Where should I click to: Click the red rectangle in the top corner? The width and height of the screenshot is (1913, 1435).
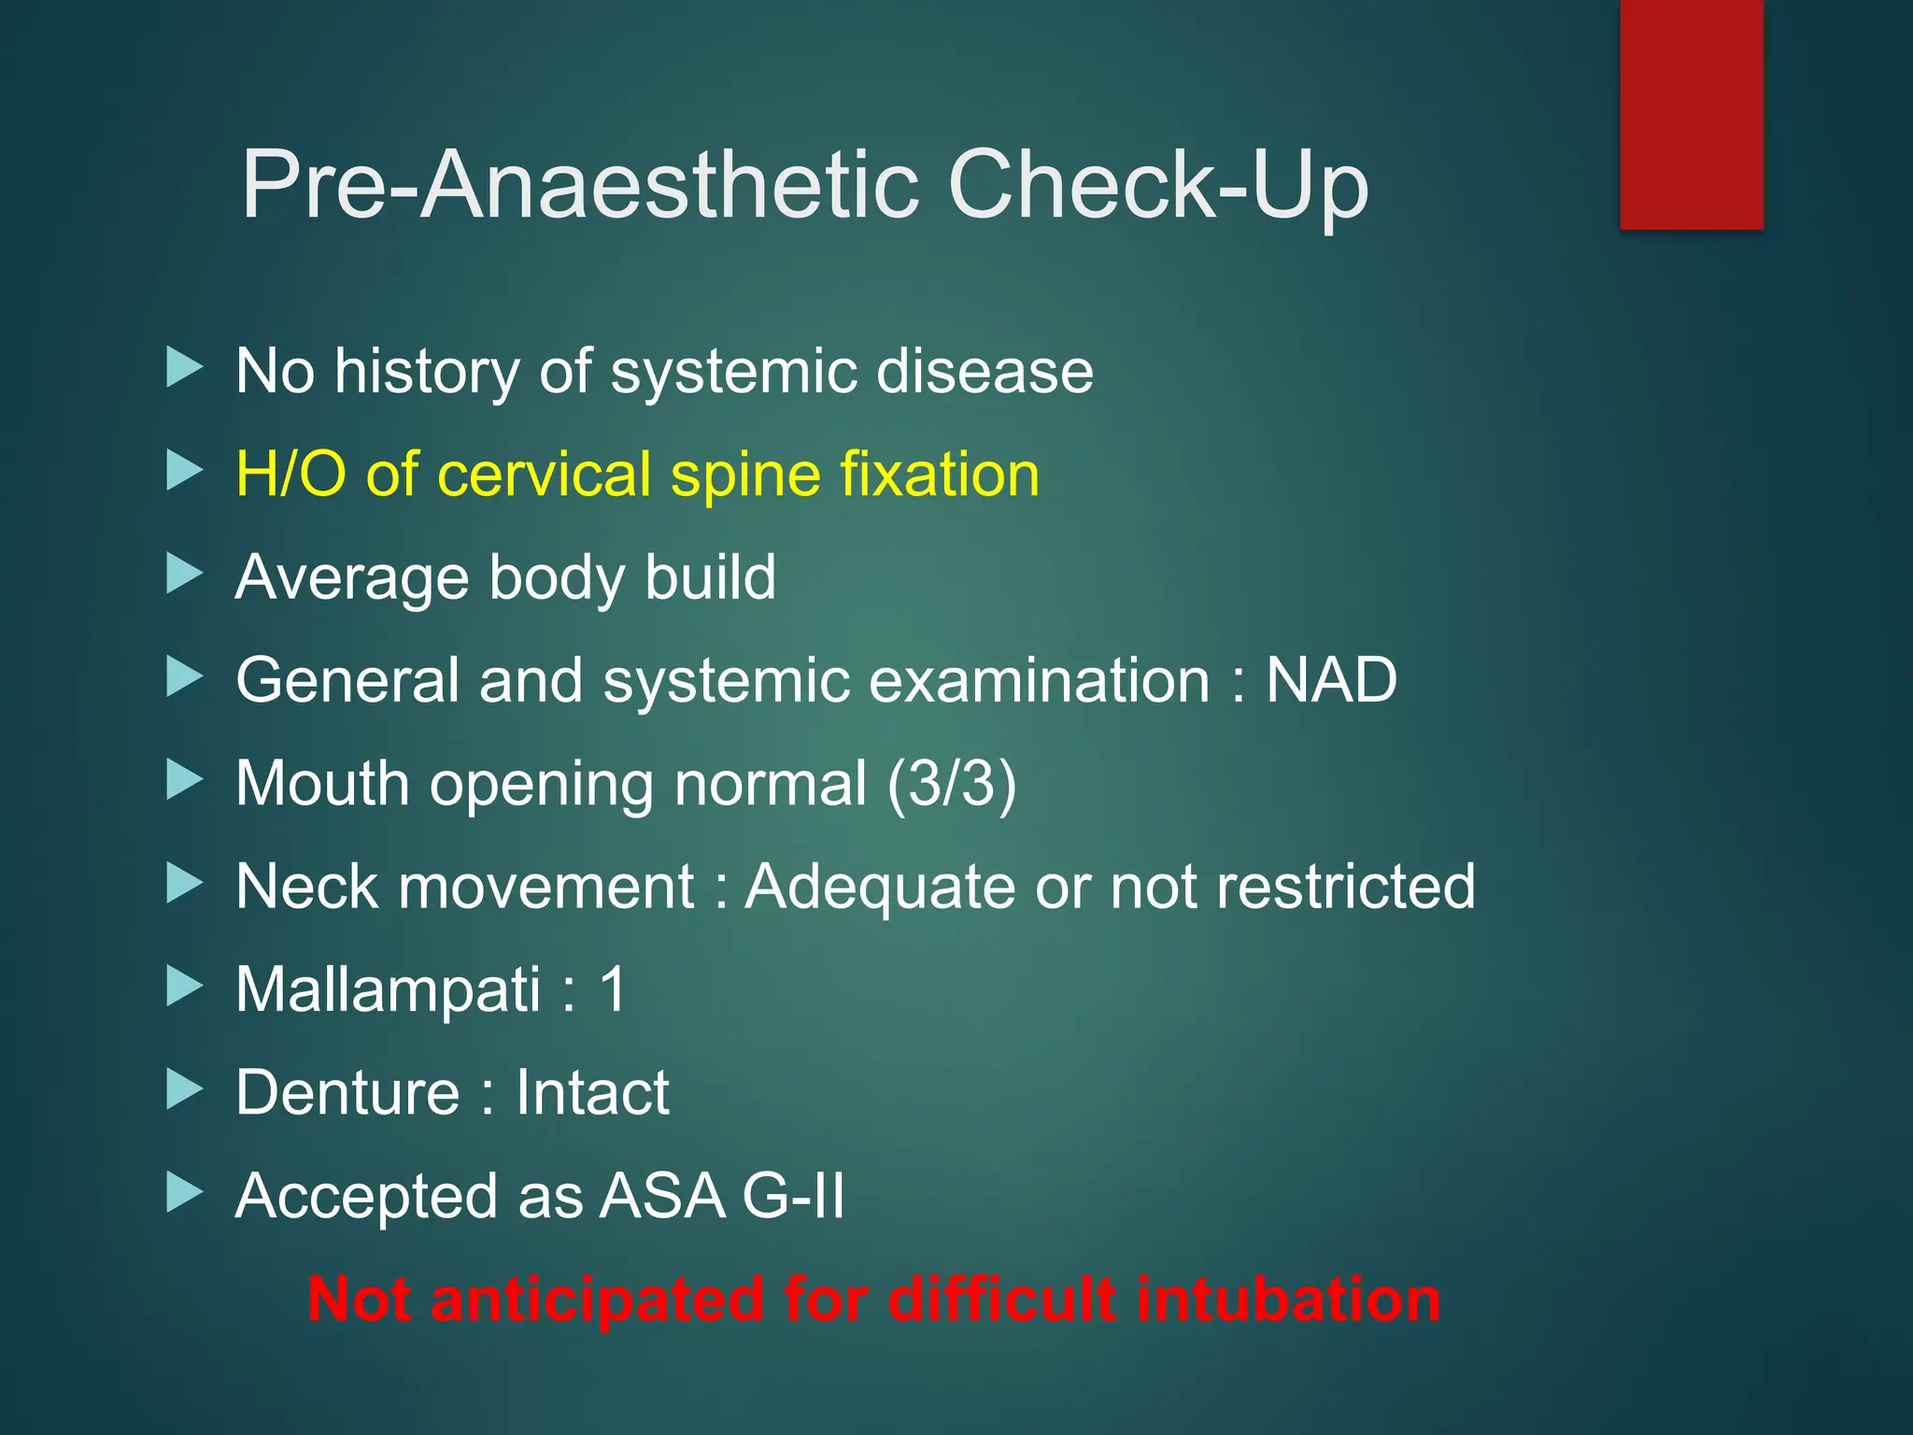1692,114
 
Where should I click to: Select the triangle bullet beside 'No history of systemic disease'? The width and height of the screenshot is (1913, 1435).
184,368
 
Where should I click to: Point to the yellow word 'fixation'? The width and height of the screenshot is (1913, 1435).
939,474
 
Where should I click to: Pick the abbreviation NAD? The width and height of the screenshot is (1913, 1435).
1330,679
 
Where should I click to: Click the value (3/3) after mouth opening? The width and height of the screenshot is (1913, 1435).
951,783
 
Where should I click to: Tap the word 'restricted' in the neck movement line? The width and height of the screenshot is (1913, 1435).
1345,886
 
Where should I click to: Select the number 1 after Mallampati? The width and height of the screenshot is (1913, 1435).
613,988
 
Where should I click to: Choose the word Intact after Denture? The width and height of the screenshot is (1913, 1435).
592,1092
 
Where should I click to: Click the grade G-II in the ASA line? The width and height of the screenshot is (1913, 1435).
793,1196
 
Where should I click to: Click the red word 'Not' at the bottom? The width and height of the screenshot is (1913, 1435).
359,1299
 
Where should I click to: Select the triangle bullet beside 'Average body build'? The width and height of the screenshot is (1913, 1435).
184,574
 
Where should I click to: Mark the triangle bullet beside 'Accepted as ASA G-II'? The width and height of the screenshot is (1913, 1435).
184,1192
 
